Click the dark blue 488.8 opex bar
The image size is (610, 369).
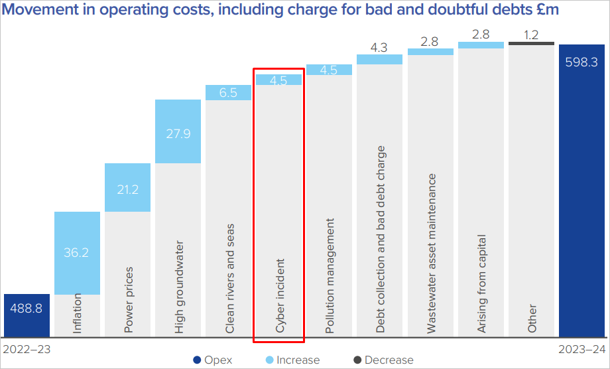tap(27, 316)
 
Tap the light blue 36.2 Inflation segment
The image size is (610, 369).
tap(77, 253)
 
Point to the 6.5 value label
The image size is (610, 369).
tap(228, 93)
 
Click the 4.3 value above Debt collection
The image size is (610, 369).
tap(379, 47)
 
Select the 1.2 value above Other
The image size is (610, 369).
tap(531, 35)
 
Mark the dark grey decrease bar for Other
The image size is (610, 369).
tap(531, 44)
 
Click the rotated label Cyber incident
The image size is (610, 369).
tap(280, 295)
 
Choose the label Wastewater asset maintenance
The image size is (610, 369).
tap(431, 253)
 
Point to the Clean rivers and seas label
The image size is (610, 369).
tap(229, 278)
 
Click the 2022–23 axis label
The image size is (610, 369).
tap(27, 348)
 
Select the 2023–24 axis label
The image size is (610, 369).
tap(581, 348)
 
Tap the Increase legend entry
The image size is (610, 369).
tap(291, 360)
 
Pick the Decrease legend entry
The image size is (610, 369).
tap(383, 360)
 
